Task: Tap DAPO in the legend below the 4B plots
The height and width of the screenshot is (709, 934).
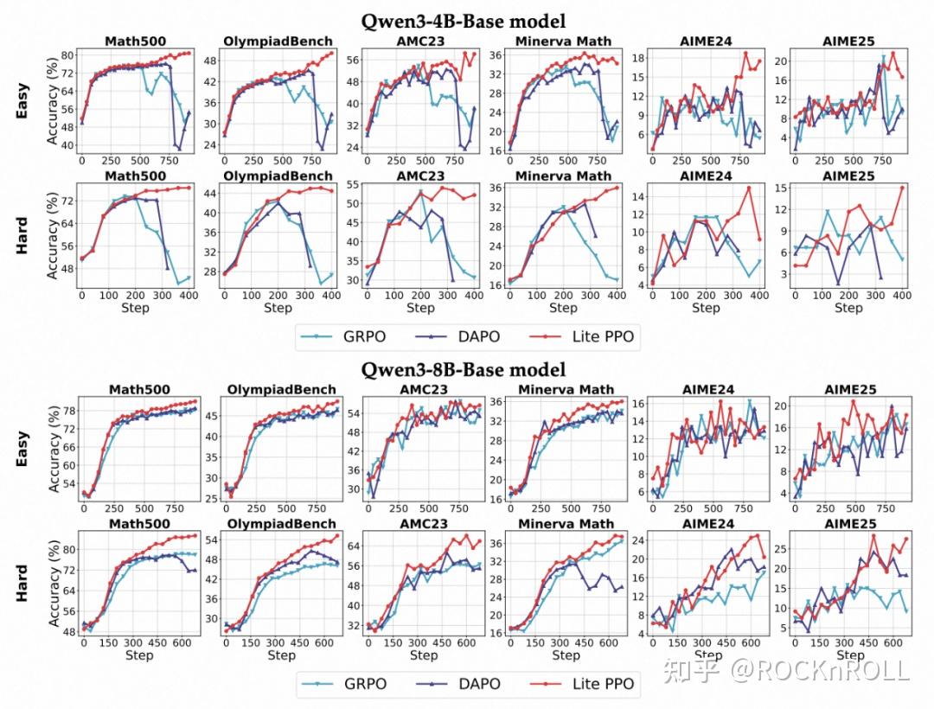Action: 477,336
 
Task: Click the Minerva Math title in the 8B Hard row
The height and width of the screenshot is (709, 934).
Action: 565,523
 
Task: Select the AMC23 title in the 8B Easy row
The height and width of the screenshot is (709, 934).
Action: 422,390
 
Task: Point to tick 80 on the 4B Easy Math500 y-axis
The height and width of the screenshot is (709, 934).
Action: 67,56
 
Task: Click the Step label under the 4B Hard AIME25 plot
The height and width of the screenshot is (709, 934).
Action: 848,308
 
